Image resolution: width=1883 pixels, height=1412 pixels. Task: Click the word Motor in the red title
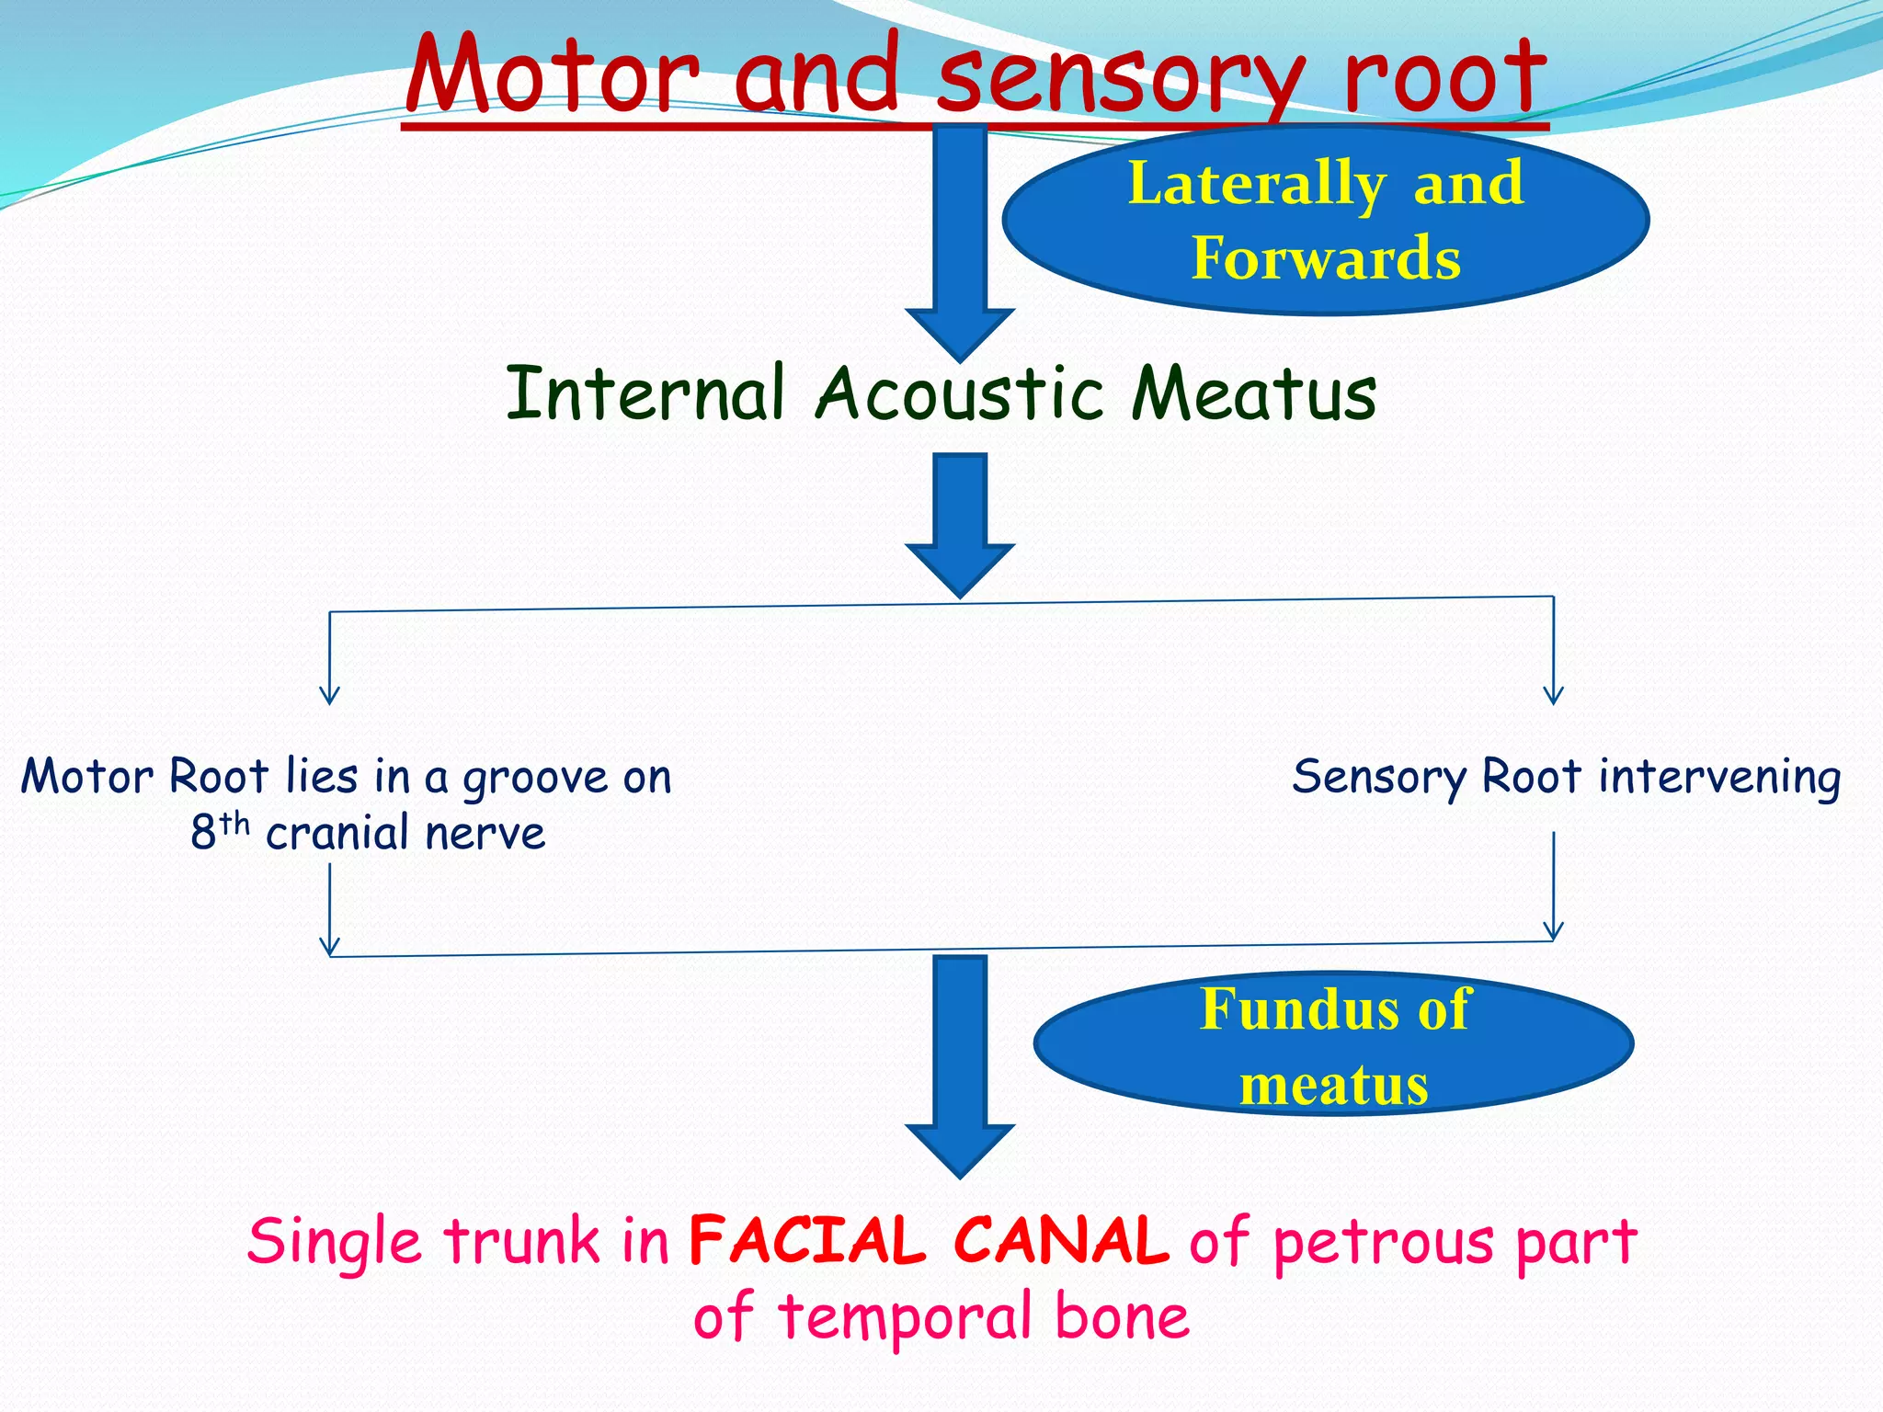tap(552, 75)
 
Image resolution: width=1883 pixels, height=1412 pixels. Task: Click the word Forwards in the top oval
tap(1326, 258)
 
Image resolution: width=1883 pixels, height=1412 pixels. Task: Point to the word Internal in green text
tap(645, 393)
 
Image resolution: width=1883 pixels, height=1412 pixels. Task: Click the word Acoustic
tap(960, 393)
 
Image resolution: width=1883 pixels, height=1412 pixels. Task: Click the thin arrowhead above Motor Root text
tap(330, 694)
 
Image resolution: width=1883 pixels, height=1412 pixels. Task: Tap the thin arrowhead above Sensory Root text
tap(1554, 694)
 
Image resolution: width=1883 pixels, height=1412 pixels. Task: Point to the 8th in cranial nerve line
tap(219, 831)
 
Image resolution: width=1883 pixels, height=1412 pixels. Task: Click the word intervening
tap(1719, 778)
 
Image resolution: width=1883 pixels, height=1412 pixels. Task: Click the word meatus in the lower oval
tap(1333, 1086)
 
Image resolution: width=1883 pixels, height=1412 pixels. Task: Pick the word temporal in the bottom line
tap(907, 1318)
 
